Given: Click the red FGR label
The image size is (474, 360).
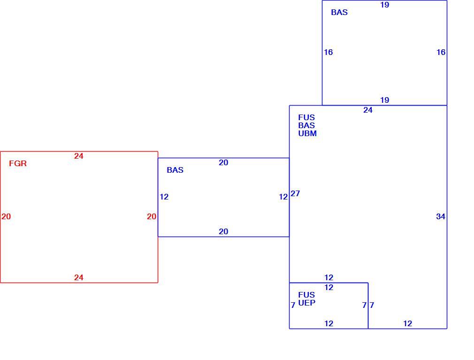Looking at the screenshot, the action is [x=18, y=163].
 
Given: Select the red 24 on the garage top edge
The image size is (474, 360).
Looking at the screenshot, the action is [x=78, y=156].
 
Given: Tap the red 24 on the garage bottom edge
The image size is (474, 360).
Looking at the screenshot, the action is [x=78, y=277].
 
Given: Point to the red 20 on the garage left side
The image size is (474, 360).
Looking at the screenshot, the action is [x=6, y=216].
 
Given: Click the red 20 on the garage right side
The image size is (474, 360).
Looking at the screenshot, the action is [x=152, y=216].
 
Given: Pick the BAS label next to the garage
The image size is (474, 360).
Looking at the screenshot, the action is [x=175, y=170].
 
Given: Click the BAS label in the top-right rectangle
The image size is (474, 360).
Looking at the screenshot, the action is [x=339, y=12].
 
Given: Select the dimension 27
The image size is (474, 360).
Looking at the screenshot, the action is [x=295, y=193].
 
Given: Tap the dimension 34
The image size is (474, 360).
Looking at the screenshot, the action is [x=441, y=216].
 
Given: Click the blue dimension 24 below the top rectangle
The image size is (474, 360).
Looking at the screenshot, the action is [x=367, y=110].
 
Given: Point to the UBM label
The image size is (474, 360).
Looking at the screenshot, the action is [x=307, y=133].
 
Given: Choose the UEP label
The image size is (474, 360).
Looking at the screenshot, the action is [x=307, y=303].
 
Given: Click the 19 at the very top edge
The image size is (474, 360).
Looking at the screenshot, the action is [x=384, y=5].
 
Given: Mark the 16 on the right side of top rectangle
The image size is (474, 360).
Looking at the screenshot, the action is [x=441, y=52].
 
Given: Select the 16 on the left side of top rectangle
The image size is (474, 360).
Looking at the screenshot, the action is [x=329, y=52].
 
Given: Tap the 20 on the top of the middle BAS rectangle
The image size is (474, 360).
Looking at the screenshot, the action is [x=223, y=162].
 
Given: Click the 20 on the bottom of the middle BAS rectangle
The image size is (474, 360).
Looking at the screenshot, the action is [x=223, y=231].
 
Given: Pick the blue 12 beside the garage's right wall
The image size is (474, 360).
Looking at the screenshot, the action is [x=164, y=197].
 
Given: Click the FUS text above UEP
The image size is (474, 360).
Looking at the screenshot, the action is [x=306, y=295].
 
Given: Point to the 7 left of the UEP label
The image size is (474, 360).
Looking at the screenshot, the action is [x=293, y=305].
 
